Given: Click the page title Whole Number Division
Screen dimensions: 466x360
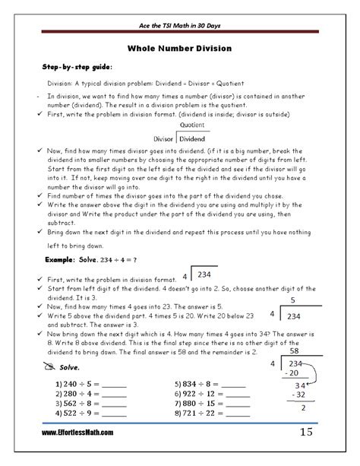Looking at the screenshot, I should [179, 48].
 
